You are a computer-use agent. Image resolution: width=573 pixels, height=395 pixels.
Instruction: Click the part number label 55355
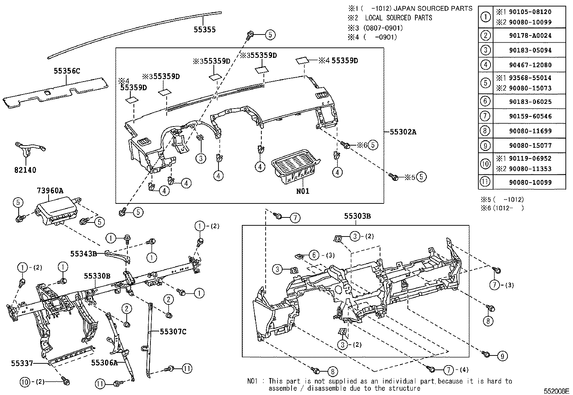coord(204,30)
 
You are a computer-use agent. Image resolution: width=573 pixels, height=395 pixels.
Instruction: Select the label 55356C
coord(67,71)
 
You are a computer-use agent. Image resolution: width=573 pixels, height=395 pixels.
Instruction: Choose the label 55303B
coord(357,216)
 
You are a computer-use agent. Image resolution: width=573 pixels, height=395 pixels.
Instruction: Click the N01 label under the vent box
coord(303,191)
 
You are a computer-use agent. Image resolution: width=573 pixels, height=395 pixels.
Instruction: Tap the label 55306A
coord(104,363)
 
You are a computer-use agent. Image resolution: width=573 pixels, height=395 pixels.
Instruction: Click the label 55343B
coord(84,253)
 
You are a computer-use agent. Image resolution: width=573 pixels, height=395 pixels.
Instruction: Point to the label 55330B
coord(97,276)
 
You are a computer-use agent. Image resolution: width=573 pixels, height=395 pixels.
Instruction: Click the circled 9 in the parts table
coord(486,146)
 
